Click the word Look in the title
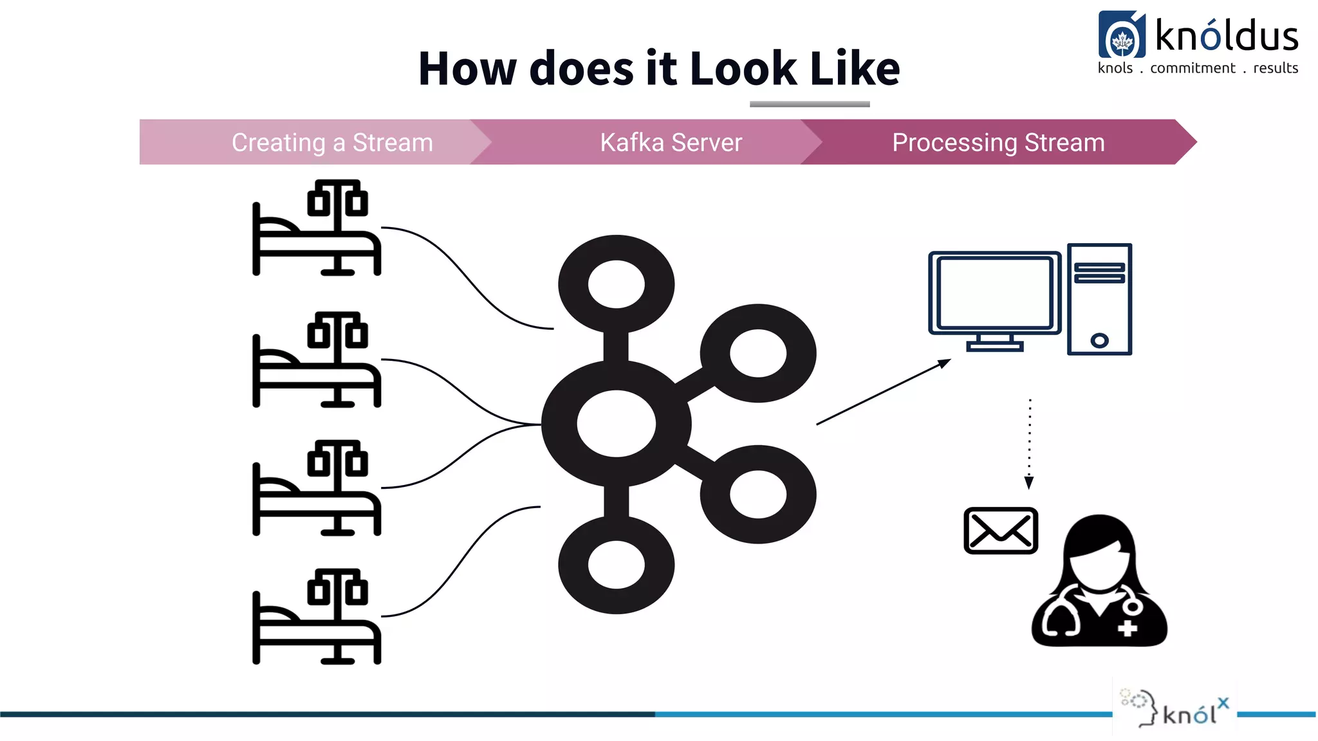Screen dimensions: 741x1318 (x=743, y=68)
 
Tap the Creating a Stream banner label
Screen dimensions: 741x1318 (x=332, y=142)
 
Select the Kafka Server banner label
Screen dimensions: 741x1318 (x=671, y=142)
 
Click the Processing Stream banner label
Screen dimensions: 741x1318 (x=998, y=142)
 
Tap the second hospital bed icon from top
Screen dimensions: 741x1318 (x=317, y=360)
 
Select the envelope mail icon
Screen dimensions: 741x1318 (x=1000, y=531)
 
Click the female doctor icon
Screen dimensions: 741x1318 (x=1099, y=582)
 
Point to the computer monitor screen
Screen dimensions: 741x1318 (x=994, y=293)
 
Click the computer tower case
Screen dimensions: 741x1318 (x=1099, y=299)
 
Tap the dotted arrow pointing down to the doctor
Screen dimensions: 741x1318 (x=1030, y=444)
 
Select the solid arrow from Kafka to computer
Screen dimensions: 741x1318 (x=883, y=392)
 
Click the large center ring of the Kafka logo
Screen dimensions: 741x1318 (x=616, y=424)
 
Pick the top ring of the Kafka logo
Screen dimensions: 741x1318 (x=616, y=284)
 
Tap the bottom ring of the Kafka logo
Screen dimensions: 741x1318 (x=616, y=565)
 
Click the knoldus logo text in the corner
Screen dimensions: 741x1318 (x=1226, y=36)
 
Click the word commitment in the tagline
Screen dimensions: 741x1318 (x=1193, y=68)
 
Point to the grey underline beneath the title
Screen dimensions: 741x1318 (x=810, y=104)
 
